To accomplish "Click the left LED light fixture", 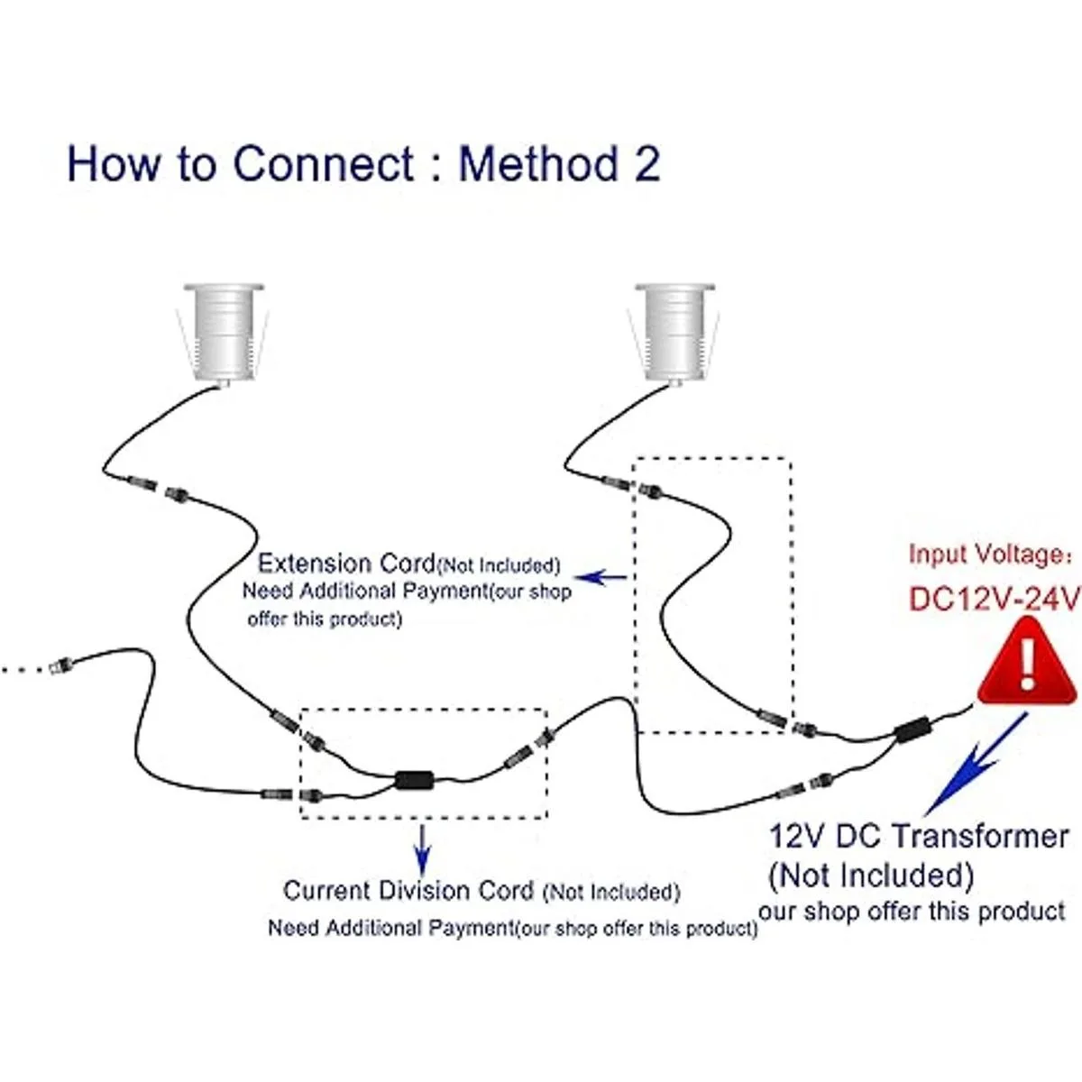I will [223, 333].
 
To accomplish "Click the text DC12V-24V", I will [993, 599].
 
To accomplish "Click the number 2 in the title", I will [644, 164].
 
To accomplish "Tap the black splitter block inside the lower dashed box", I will [416, 779].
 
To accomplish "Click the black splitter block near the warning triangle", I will [913, 729].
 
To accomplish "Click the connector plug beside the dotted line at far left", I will [61, 668].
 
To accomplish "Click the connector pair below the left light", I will [158, 488].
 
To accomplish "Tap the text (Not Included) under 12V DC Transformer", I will [871, 875].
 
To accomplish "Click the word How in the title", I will [111, 164].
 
